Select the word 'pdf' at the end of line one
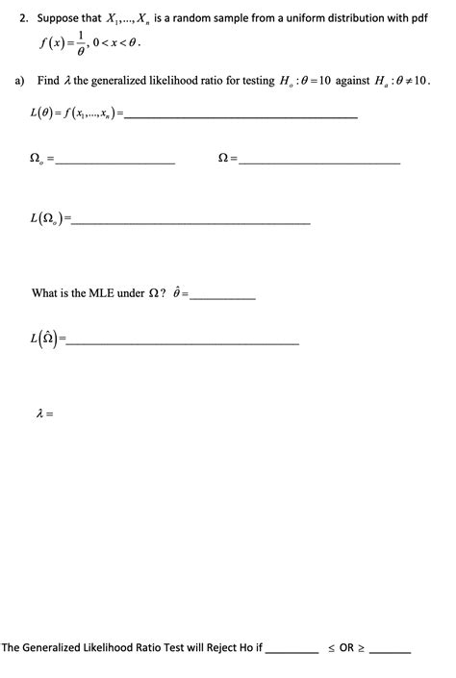418,18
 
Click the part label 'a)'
20,82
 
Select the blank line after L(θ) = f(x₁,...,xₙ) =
241,116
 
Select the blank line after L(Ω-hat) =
184,342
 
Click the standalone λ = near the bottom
43,414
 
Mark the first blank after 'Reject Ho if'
291,651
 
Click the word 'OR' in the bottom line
347,647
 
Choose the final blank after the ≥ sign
391,651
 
